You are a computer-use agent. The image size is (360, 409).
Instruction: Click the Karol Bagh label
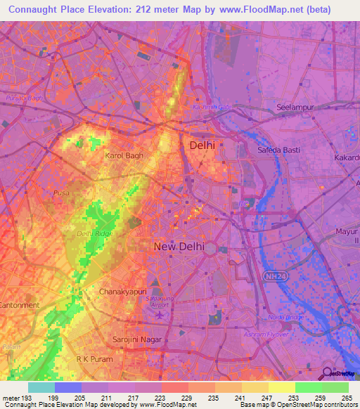point(124,155)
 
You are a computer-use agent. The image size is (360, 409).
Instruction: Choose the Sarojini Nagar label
point(137,339)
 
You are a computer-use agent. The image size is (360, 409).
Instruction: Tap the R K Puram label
point(94,359)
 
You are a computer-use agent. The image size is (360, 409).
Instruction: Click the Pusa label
point(61,191)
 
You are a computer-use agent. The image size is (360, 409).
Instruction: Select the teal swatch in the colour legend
point(41,387)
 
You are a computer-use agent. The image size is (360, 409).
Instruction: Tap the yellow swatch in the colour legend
point(281,387)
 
